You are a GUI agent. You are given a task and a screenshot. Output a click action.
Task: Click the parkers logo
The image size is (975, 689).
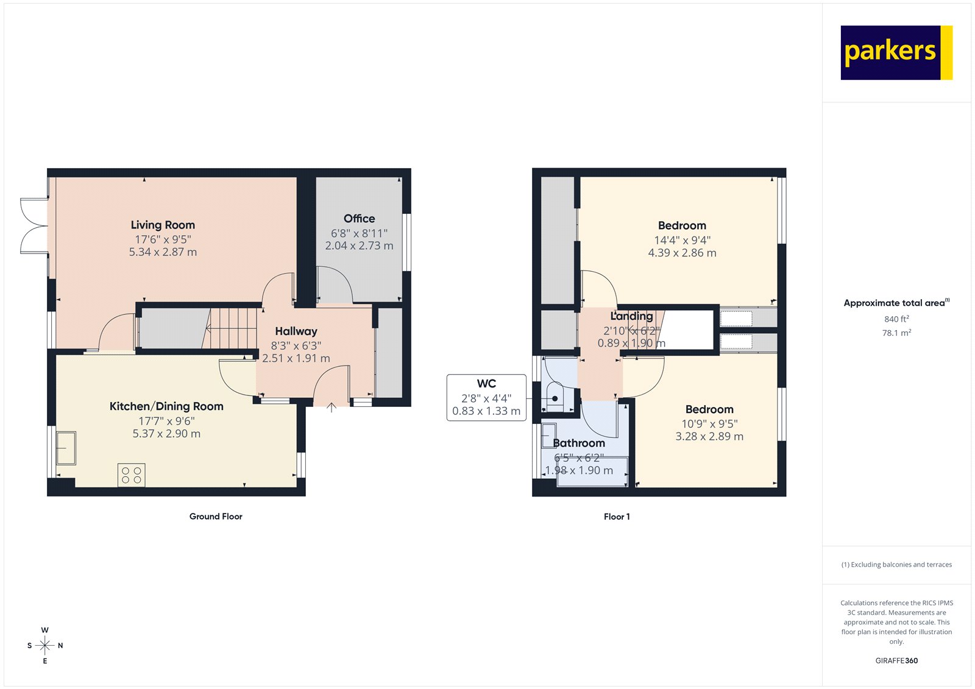point(896,52)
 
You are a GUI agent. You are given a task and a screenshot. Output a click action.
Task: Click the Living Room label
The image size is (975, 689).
point(163,225)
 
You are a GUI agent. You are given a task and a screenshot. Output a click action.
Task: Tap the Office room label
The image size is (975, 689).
point(359,219)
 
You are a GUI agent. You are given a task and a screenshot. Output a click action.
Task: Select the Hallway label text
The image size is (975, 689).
point(296,331)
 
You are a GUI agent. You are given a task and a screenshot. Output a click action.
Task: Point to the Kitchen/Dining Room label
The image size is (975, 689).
point(166,406)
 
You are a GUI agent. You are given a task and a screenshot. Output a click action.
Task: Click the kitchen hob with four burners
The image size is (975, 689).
point(132,475)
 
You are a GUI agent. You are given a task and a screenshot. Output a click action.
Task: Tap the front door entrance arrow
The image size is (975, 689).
point(331,408)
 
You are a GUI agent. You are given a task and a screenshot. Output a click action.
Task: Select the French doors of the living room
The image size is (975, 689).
point(34,225)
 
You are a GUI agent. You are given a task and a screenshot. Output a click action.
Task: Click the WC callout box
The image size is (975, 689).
point(486,398)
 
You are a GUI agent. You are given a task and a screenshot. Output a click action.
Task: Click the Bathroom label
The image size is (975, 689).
point(579,443)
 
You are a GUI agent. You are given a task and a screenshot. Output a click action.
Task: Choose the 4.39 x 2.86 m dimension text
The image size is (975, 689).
point(682,253)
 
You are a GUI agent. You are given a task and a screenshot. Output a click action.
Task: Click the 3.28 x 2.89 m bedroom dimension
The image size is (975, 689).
point(709,437)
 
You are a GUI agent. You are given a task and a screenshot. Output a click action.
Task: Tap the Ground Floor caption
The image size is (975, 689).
point(216,517)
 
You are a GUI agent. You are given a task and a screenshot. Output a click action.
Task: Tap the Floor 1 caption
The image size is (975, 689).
point(617,517)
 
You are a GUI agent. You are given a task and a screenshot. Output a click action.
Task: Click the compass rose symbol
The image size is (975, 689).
point(45,645)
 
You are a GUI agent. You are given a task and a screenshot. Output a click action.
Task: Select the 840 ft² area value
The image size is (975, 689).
point(896,319)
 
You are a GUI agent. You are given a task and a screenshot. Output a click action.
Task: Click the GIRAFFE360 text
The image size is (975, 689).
point(896,660)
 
